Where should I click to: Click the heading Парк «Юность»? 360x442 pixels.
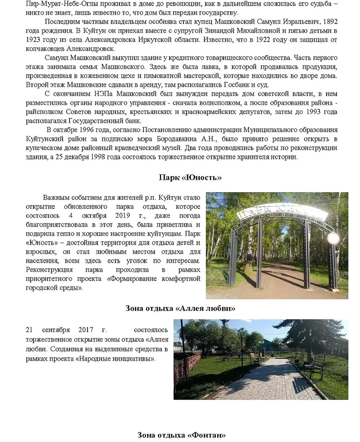190,177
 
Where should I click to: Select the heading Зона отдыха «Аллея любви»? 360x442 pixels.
180,308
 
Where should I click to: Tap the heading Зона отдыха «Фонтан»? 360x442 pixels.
181,435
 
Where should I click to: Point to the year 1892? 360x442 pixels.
329,21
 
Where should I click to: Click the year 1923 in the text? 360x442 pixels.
33,40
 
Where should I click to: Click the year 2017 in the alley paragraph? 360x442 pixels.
86,330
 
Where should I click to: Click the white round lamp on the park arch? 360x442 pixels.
333,238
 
